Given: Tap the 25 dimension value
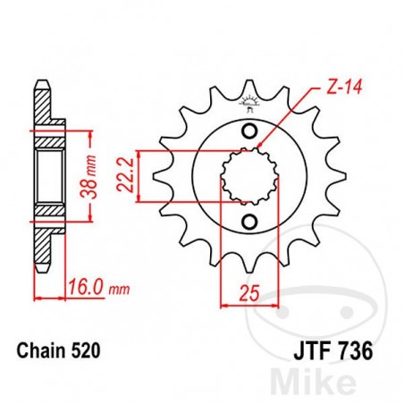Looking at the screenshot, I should pos(248,291).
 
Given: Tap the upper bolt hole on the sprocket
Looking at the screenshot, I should pos(250,133).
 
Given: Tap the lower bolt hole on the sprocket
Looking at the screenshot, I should pos(250,221).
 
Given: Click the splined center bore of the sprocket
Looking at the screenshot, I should pos(250,177).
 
